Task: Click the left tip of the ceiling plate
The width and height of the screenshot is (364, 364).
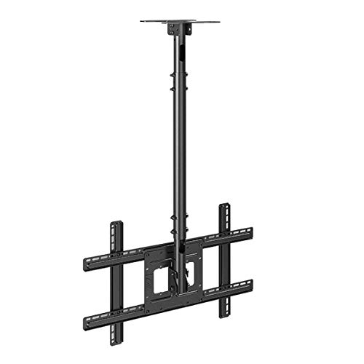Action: coord(142,21)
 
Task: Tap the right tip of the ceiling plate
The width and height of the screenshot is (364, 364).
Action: coord(219,21)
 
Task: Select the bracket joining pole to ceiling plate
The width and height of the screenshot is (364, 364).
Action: coord(178,29)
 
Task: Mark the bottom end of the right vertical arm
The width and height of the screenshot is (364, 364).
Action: coord(225,316)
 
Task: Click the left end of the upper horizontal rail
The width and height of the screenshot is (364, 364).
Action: coord(86,264)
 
